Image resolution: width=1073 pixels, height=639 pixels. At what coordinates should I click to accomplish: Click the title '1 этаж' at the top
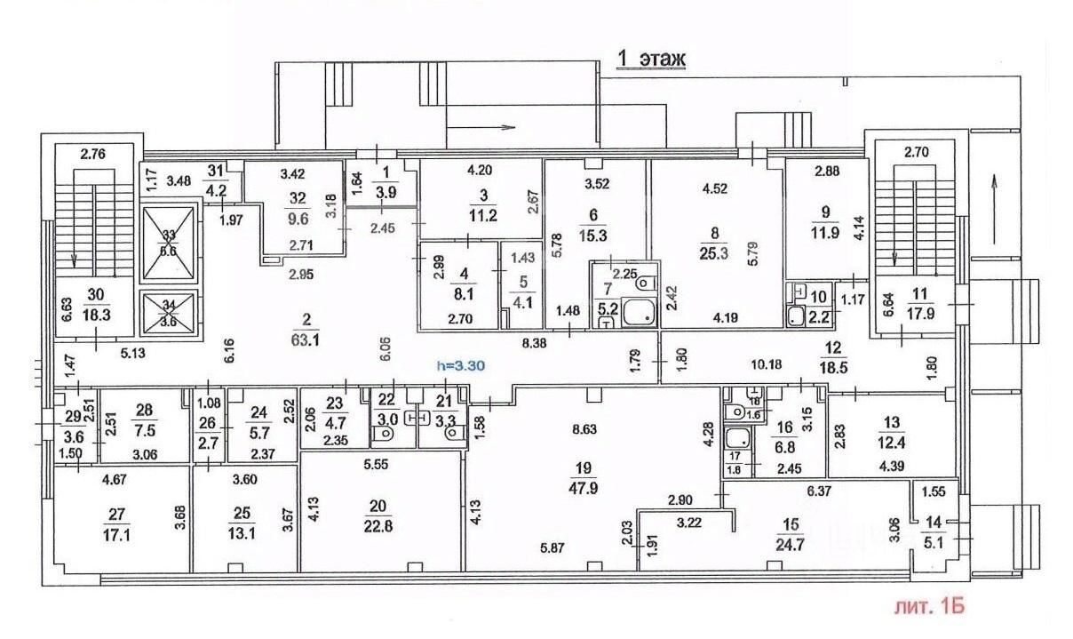click(x=652, y=59)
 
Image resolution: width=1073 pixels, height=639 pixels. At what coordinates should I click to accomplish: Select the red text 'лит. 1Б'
click(x=927, y=608)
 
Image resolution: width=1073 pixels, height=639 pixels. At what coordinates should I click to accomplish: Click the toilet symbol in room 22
click(x=385, y=435)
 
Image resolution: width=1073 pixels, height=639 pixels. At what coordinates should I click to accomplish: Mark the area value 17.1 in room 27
click(x=117, y=538)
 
